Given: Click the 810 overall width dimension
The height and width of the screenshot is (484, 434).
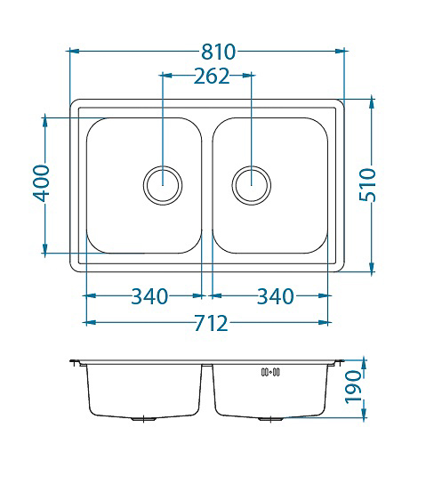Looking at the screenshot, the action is coord(218,52).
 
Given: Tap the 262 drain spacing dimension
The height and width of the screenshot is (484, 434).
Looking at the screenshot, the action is coord(212,76).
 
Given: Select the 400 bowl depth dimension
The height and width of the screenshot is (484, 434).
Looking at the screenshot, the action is coord(42,183).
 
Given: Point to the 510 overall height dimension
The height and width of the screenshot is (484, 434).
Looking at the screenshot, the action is coord(368,184).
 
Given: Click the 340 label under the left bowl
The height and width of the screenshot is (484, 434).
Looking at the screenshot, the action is coord(149,296).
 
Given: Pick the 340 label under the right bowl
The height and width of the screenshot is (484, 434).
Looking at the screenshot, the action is coord(276,296).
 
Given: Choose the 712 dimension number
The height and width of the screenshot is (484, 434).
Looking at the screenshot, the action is coord(212,323).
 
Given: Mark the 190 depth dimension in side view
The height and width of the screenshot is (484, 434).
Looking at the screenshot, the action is coord(353,387).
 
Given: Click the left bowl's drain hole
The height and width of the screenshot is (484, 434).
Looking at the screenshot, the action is coord(163,186).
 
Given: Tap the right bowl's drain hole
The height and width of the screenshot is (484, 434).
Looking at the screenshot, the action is coord(252,186).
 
